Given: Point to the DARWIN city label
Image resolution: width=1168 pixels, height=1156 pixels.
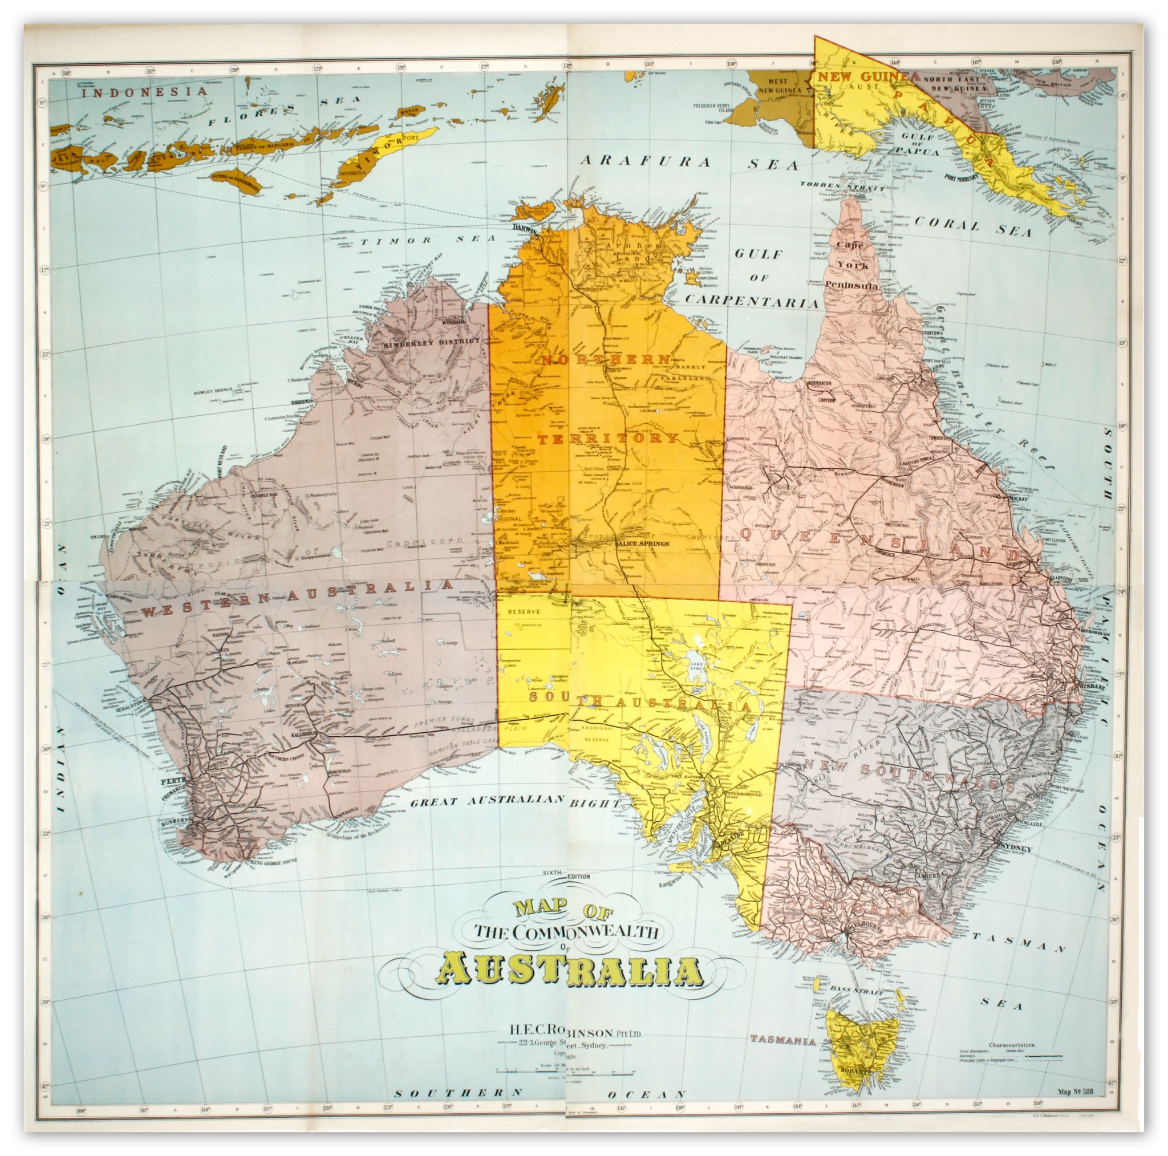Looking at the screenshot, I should point(525,228).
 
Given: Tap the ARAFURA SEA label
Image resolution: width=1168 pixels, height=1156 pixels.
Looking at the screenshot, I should point(688,163).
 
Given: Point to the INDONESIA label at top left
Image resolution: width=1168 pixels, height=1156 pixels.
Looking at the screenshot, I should point(144,92).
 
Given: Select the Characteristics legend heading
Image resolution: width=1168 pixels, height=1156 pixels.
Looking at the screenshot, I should point(1012,1045).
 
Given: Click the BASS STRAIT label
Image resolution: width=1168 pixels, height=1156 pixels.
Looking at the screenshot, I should point(857,989).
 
